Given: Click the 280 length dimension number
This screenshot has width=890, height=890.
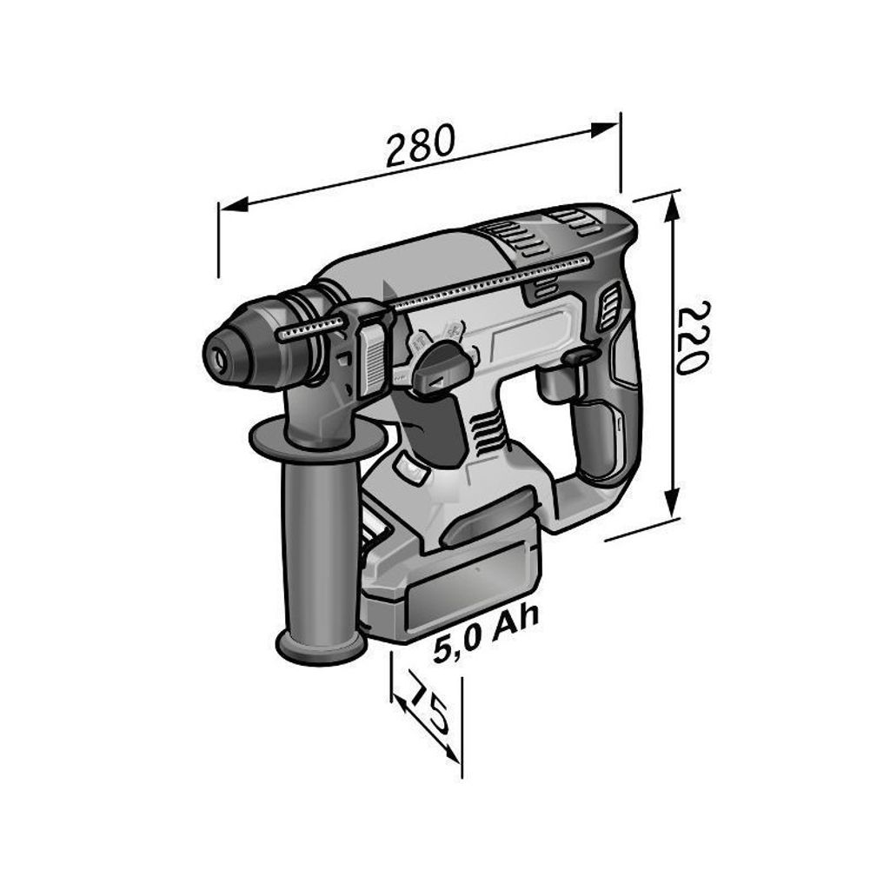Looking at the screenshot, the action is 421,144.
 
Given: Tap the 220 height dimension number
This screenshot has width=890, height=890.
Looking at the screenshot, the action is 692,336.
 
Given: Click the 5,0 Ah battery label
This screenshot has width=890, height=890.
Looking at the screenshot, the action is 485,634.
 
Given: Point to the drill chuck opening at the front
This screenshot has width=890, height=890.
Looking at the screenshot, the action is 218,356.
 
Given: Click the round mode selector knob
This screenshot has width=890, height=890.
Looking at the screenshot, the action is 442,368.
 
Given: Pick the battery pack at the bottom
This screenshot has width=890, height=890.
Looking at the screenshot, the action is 451,574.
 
